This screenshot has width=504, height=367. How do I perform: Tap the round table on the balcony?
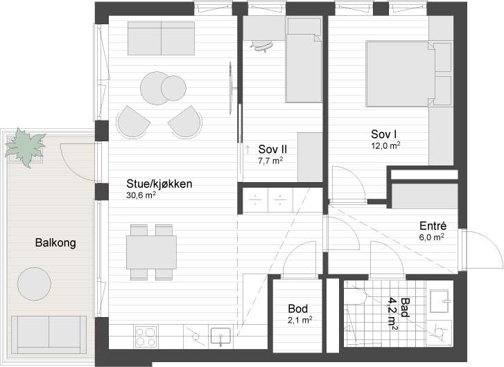click(34, 284)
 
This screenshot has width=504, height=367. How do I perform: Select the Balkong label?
click(55, 243)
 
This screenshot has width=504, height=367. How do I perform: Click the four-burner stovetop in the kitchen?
click(146, 337)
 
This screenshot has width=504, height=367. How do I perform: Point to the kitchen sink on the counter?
click(220, 336)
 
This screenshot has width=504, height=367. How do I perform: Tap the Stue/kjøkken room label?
click(159, 184)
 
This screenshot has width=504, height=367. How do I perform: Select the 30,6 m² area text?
click(141, 195)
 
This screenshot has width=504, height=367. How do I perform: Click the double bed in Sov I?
click(401, 73)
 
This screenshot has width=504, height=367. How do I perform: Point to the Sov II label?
click(272, 150)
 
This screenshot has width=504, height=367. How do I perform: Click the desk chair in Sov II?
click(263, 46)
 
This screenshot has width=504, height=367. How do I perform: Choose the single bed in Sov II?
click(304, 60)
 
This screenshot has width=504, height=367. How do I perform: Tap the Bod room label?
click(298, 309)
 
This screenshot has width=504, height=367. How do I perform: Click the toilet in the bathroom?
click(355, 297)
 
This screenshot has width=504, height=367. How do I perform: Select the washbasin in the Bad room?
click(440, 301)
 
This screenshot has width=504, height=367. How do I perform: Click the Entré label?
click(433, 226)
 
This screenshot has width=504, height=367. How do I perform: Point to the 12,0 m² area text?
click(385, 146)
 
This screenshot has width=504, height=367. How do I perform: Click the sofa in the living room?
click(161, 38)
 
